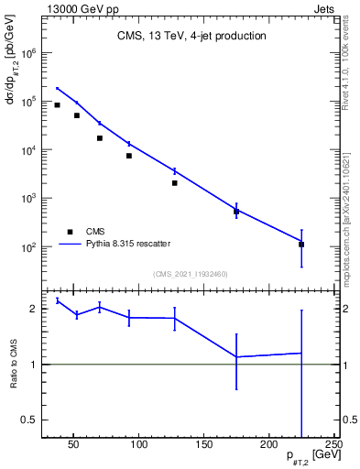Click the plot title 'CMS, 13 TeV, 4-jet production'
pos(191,37)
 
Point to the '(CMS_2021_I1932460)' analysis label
pos(190,273)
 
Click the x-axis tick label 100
pos(139,445)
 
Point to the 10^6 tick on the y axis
pos(27,53)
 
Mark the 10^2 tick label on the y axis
pos(27,247)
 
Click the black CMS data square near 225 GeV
pos(301,245)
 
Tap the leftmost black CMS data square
pos(58,105)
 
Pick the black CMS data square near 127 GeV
pos(174,183)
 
